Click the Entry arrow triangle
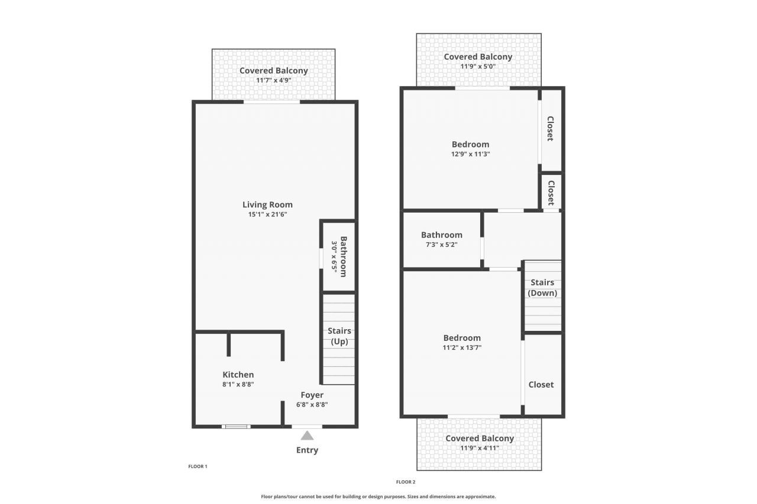(x=307, y=435)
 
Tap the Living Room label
(x=267, y=205)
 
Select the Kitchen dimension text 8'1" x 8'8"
(x=238, y=384)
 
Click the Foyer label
(x=312, y=395)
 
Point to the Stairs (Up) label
(x=339, y=336)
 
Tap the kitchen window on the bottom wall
(x=235, y=426)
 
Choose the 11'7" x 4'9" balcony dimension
(x=273, y=80)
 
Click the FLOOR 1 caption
(x=198, y=466)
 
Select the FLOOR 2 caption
(x=406, y=482)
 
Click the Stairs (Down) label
(x=542, y=288)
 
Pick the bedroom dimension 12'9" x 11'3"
(x=470, y=154)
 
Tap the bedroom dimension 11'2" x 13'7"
(x=462, y=347)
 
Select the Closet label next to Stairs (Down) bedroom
(x=541, y=384)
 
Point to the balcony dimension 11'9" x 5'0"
(x=478, y=66)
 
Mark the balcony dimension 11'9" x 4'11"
(x=479, y=448)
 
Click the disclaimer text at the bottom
(x=378, y=496)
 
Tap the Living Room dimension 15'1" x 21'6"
(x=267, y=214)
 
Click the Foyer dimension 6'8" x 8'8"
(x=312, y=405)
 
